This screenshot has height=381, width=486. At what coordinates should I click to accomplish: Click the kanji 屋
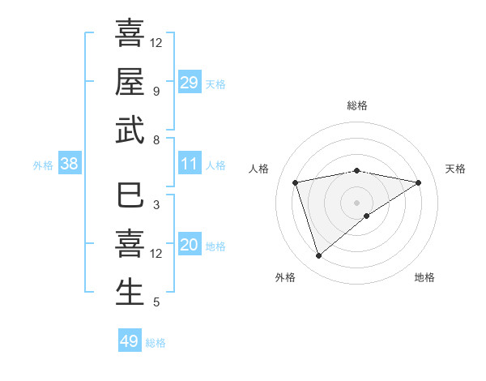[x=130, y=81]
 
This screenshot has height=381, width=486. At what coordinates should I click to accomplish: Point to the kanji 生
[x=130, y=293]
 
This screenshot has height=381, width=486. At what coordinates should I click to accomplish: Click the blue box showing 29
[x=189, y=82]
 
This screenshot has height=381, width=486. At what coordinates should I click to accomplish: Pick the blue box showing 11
[x=189, y=164]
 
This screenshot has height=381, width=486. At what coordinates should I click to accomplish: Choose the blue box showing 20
[x=189, y=245]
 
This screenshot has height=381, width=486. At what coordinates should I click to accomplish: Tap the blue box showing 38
[x=70, y=164]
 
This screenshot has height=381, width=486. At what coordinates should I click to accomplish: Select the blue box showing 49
[x=130, y=341]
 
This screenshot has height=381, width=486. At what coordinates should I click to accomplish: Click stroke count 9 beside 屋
[x=156, y=91]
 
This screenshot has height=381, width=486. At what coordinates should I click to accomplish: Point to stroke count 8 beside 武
[x=156, y=139]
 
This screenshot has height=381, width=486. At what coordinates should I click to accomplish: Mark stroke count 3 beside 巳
[x=156, y=205]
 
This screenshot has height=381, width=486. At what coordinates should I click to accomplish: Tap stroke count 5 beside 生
[x=156, y=302]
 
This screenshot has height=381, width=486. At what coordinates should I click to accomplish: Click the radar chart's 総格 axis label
[x=356, y=106]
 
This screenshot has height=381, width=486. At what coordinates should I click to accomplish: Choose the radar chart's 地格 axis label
[x=424, y=277]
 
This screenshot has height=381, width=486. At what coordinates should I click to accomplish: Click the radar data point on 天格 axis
[x=419, y=182]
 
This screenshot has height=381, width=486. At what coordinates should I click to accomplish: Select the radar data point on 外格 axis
[x=318, y=256]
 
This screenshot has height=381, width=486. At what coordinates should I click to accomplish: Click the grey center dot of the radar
[x=356, y=202]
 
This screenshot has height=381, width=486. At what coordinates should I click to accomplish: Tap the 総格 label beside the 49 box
[x=156, y=343]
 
